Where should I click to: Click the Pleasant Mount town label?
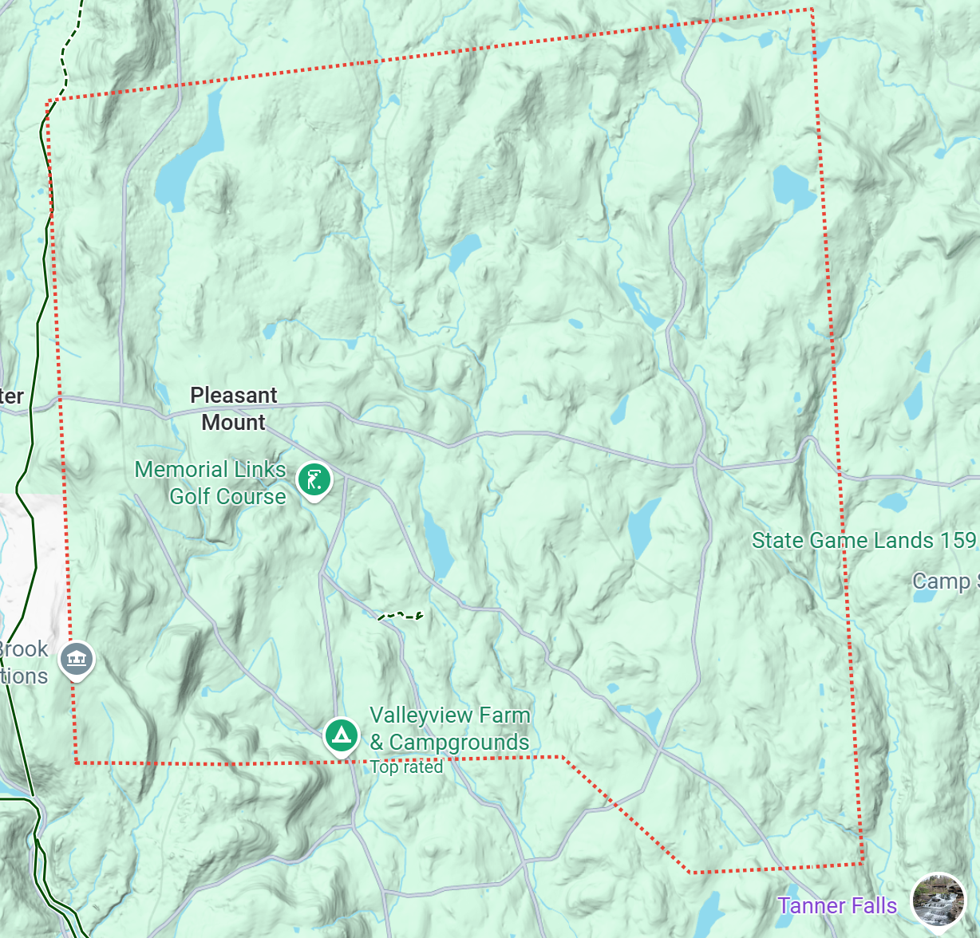coord(233,408)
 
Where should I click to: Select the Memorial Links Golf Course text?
coord(211,483)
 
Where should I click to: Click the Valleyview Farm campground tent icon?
coord(342,735)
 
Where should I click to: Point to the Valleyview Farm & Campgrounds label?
coord(449,729)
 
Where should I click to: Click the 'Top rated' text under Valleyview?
coord(406,767)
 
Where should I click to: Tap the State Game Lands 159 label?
coord(863,541)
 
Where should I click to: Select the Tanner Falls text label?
coord(837,906)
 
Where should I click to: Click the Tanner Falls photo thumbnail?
coord(938,903)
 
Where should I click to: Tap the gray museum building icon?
coord(77,659)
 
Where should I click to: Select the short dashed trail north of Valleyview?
coord(400,615)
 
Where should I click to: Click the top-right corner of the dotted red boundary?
coord(812,10)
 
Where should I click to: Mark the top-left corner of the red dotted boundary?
coord(49,100)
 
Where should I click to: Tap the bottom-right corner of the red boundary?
coord(863,863)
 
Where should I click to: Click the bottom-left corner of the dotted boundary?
coord(76,763)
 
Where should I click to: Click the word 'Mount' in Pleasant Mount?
coord(233,423)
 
